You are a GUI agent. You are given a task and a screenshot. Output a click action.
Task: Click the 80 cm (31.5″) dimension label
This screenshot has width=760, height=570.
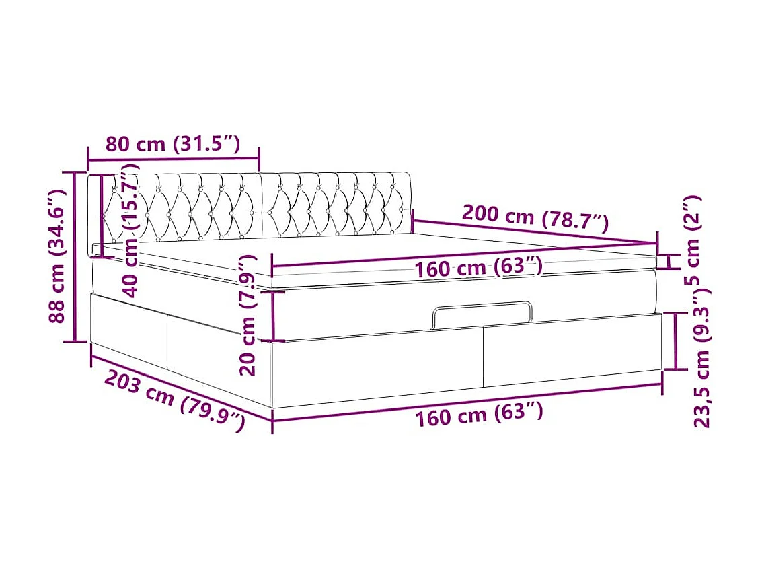point(172,145)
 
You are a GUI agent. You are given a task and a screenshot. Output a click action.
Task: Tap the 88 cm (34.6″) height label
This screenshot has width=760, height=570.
point(59,256)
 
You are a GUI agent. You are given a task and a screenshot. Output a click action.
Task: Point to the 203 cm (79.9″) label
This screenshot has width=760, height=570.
point(174,401)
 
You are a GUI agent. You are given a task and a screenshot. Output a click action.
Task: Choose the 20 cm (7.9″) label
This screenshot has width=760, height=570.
point(249,314)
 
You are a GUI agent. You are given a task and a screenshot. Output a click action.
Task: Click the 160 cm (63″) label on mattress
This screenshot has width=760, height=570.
point(478,269)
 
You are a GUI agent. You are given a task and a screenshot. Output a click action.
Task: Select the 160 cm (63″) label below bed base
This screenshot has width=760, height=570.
point(478,415)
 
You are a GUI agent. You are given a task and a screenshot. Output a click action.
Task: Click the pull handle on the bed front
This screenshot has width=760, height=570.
point(482,314)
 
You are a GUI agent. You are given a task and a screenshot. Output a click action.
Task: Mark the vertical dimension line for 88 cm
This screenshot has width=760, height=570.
point(75,256)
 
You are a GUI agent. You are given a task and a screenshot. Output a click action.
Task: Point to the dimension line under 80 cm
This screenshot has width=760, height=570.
point(173,159)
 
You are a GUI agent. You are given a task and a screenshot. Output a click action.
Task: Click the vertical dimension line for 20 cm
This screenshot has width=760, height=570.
point(273,316)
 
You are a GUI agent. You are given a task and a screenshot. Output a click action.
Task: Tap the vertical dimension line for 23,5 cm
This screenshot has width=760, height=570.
point(676,341)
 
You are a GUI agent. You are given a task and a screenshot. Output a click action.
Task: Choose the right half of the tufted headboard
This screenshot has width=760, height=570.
point(336,204)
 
